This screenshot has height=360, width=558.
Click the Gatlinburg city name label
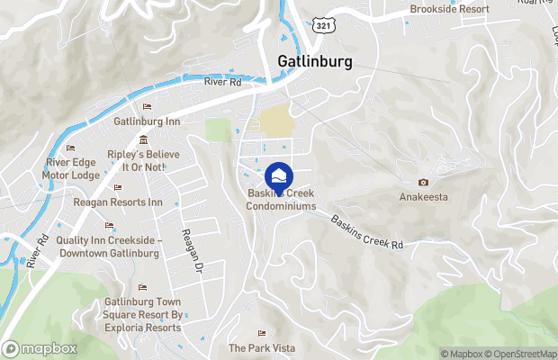click(310, 61)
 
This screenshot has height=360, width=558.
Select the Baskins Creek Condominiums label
click(282, 200)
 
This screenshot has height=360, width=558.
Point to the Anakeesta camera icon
click(424, 182)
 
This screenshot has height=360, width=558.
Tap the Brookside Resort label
click(449, 9)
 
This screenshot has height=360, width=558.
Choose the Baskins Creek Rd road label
click(366, 231)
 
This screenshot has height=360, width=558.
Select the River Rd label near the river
click(222, 82)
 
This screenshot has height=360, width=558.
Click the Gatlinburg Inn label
click(147, 121)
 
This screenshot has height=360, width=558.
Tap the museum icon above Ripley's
click(144, 139)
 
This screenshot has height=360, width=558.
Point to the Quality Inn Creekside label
click(108, 247)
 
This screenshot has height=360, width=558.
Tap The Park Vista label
click(261, 347)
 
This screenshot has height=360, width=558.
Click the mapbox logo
click(40, 348)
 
